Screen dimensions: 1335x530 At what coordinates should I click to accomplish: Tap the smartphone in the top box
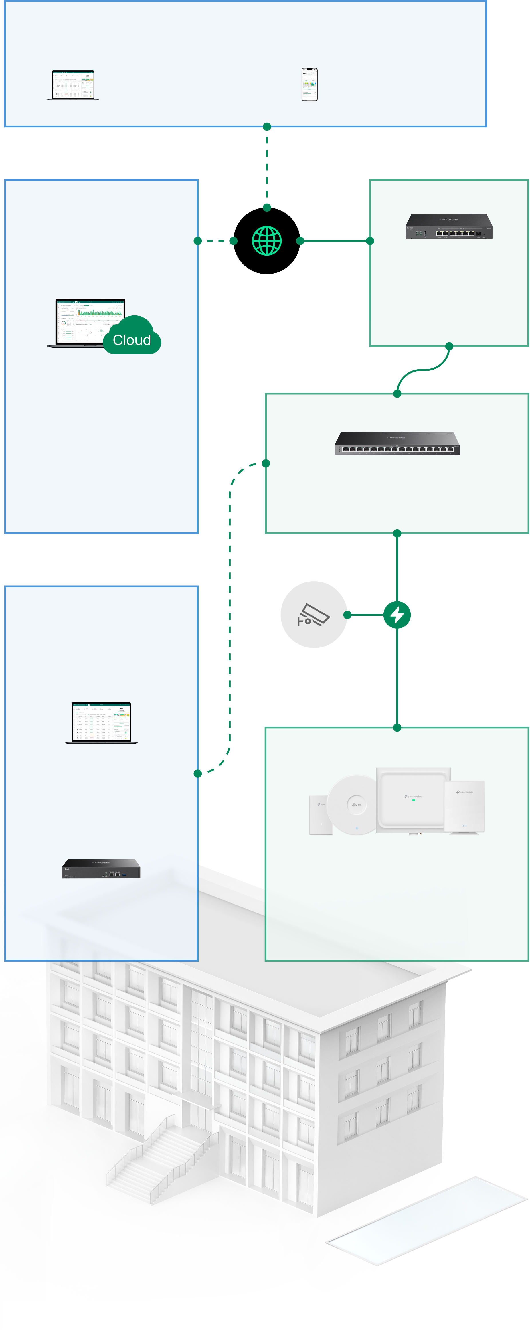point(309,84)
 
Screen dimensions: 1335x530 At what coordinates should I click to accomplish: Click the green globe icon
point(267,241)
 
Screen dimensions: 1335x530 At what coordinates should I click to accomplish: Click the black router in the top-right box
point(449,227)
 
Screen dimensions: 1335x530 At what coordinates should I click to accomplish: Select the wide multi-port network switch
point(397,444)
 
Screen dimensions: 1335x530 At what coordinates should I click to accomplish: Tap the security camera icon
point(313,615)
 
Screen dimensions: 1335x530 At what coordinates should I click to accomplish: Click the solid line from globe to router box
point(335,241)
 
